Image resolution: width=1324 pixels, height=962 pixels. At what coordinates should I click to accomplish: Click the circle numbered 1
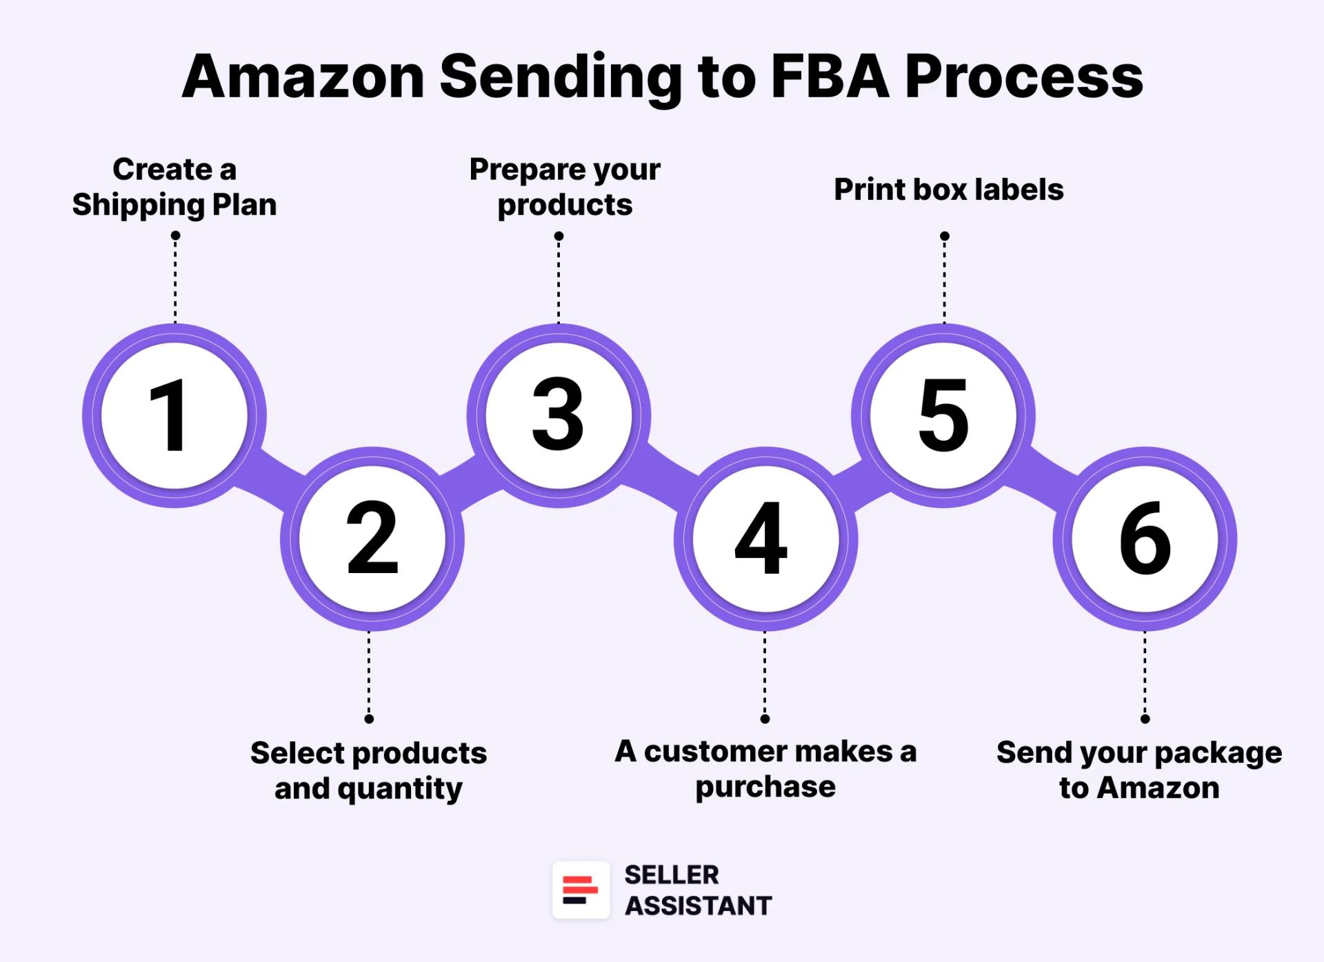[x=174, y=416]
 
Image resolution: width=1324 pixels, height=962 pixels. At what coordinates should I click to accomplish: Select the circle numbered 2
[x=372, y=539]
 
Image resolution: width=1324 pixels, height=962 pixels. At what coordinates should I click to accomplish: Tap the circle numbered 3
[x=558, y=416]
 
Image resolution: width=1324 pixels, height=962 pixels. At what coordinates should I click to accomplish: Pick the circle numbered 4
[x=765, y=539]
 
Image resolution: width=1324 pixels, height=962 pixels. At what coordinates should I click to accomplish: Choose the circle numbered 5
[x=943, y=416]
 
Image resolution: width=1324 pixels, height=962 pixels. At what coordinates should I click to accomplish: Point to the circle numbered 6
[x=1145, y=539]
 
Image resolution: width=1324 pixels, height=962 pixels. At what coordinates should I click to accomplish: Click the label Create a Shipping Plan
[x=174, y=187]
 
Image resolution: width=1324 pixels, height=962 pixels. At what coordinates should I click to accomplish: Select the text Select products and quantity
[x=368, y=770]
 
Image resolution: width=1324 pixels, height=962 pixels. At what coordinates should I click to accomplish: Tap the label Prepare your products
[x=565, y=187]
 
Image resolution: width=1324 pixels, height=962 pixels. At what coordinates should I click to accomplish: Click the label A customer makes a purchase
[x=765, y=769]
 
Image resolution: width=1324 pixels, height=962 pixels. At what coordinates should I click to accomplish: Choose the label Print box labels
[x=948, y=190]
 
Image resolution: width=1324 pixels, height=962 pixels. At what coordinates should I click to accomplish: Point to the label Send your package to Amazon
[x=1139, y=770]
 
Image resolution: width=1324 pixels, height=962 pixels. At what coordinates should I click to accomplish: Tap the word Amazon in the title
[x=303, y=77]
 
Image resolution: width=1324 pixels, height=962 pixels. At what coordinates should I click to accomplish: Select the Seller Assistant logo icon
[x=581, y=890]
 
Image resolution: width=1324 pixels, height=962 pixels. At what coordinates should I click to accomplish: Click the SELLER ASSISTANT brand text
[x=697, y=890]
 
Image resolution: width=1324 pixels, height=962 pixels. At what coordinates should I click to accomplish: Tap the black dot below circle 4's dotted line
[x=765, y=719]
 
